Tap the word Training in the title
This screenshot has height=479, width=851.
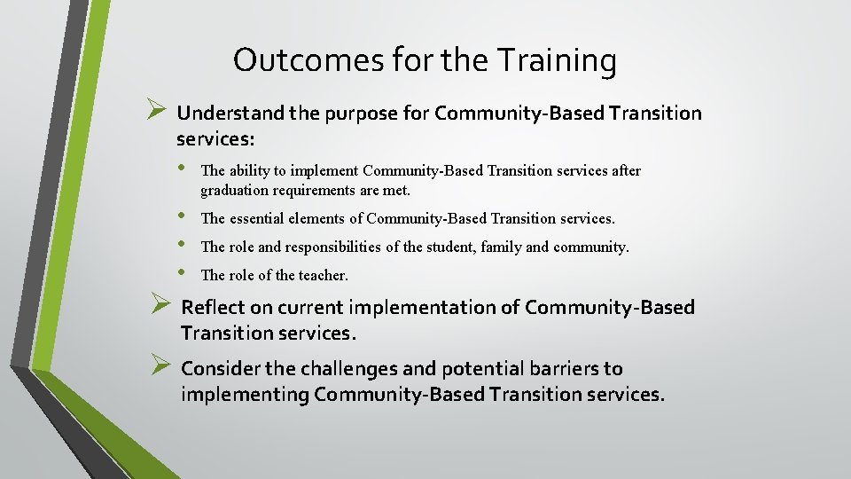click(x=557, y=60)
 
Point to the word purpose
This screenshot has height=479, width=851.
click(x=358, y=114)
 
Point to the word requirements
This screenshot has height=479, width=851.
click(x=317, y=190)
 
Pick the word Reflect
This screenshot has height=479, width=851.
click(x=212, y=308)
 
